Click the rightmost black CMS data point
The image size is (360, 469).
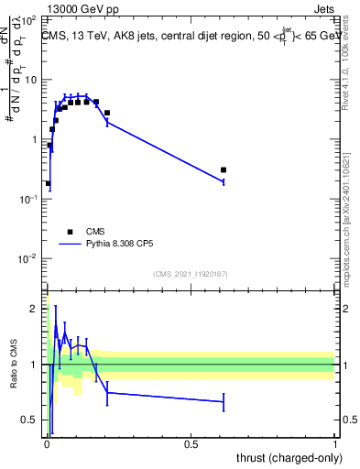pos(224,170)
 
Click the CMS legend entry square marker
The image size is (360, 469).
pos(70,232)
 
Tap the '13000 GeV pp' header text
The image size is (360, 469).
pos(80,8)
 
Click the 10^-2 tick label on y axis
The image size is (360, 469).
pos(28,258)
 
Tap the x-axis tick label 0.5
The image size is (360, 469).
pos(191,444)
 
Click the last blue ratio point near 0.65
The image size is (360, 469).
pos(224,401)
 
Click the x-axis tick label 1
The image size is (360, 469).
pos(335,444)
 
